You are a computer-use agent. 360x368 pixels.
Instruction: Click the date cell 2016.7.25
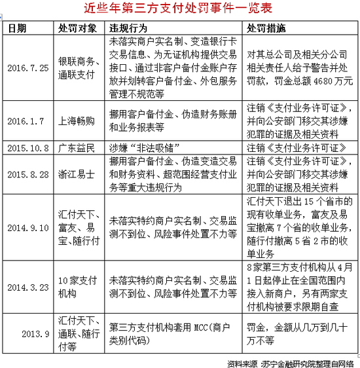click(28, 67)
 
